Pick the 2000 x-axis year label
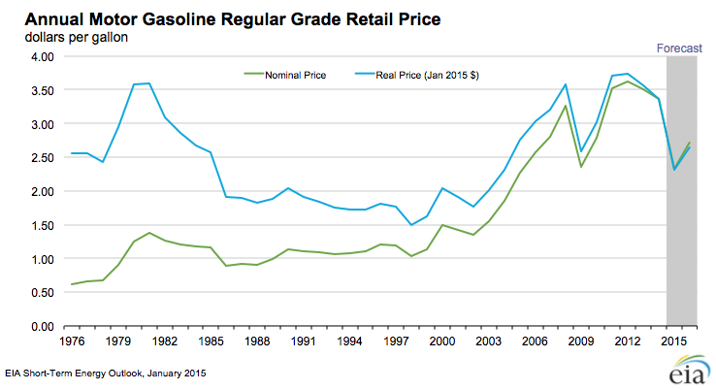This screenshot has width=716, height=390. pyautogui.click(x=442, y=341)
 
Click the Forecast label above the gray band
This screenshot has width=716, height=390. pyautogui.click(x=680, y=47)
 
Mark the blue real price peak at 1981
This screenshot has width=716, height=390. pyautogui.click(x=148, y=83)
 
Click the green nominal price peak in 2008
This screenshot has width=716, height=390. pyautogui.click(x=567, y=105)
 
